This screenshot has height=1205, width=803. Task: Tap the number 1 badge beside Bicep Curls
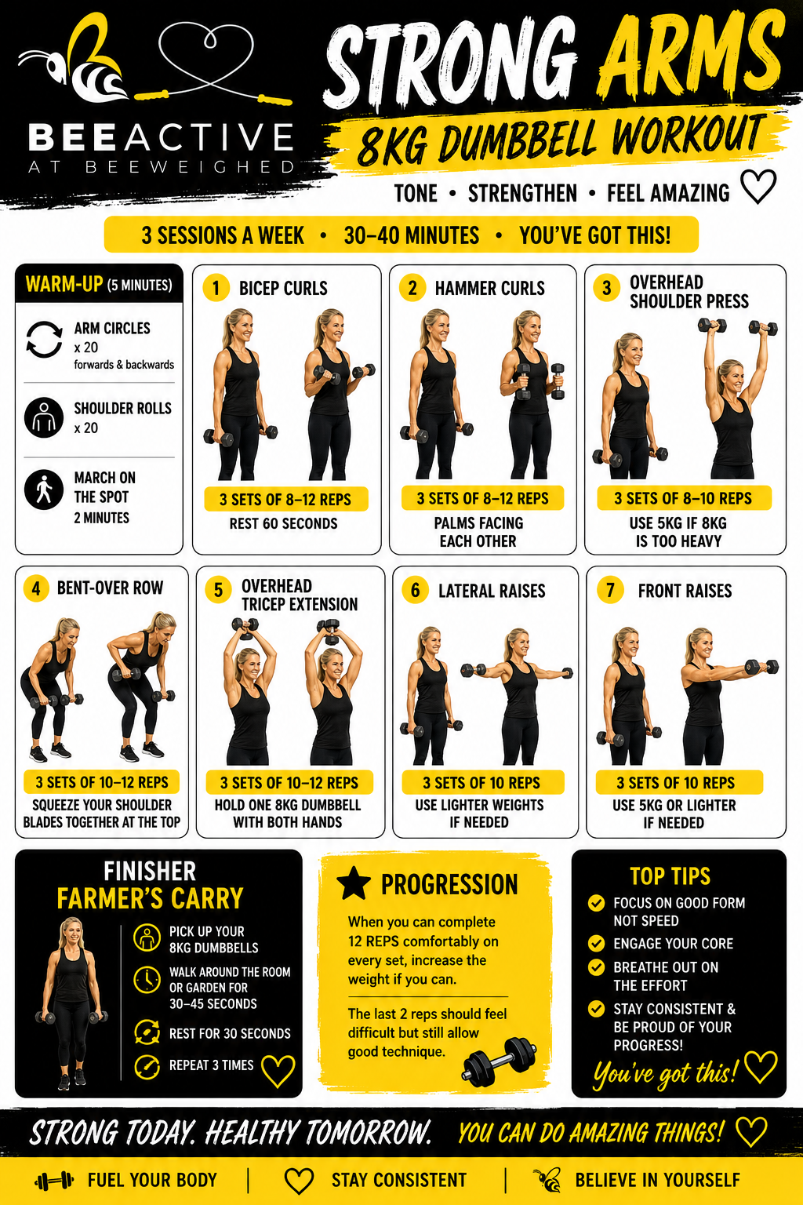[216, 288]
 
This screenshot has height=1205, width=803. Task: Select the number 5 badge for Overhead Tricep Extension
[218, 590]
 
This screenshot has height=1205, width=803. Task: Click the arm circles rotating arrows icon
[45, 340]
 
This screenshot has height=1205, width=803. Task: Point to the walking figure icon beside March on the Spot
[44, 490]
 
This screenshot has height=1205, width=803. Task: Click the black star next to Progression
[354, 883]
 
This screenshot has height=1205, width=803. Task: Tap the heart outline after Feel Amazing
[758, 187]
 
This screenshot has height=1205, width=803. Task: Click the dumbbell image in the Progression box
[500, 1058]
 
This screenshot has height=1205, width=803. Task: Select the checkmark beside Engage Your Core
[596, 943]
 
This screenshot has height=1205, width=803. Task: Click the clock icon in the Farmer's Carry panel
[147, 980]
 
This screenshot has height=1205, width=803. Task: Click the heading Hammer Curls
[489, 289]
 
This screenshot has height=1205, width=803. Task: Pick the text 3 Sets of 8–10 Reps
[683, 498]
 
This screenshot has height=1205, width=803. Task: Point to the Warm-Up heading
[99, 283]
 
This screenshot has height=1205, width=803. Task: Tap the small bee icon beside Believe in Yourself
[548, 1180]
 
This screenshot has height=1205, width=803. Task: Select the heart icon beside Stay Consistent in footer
[299, 1181]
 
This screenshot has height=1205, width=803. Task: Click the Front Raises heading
[685, 591]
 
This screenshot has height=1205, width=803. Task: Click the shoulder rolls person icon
[44, 417]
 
